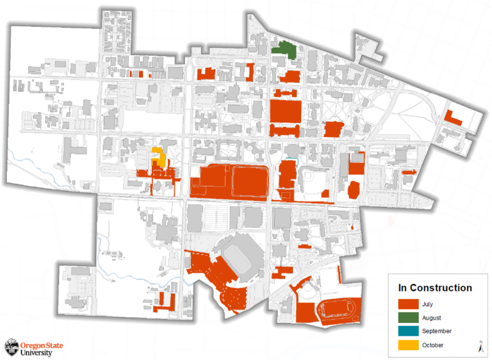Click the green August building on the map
pos(284,50)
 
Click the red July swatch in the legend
pos(407,304)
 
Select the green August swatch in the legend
pos(407,318)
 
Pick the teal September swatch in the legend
pos(407,331)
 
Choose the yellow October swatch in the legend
pos(407,345)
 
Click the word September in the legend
pos(437,331)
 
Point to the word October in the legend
pos(433,345)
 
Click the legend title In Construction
pos(435,288)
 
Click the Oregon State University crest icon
pos(12,347)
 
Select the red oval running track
pos(337,310)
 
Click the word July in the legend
pos(427,304)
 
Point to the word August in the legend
pos(431,318)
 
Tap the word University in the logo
pos(37,352)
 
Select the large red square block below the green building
pos(285,111)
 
